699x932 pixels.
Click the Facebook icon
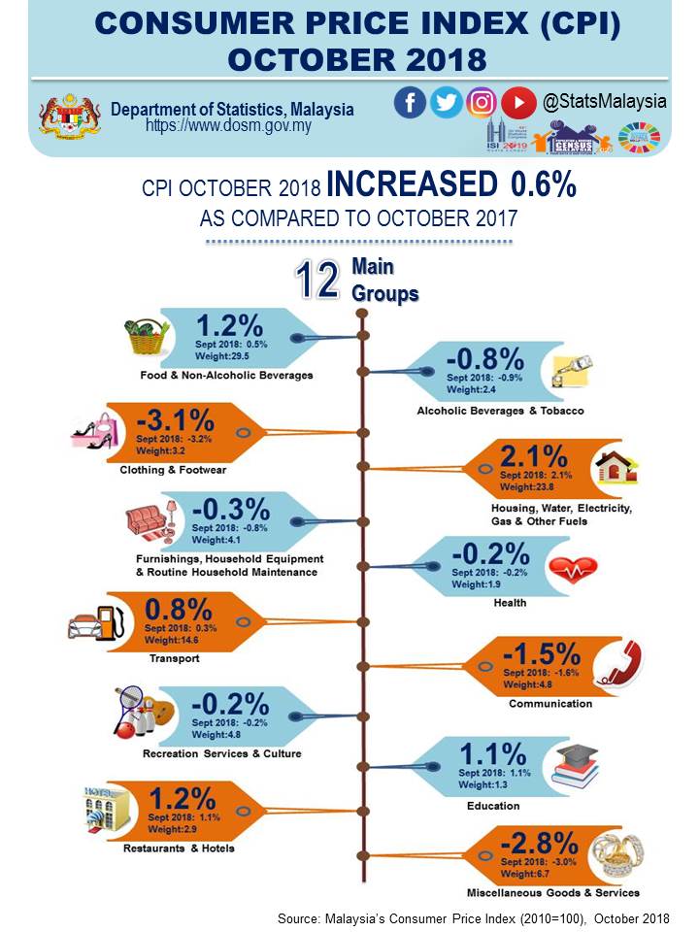tap(411, 102)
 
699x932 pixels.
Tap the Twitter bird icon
tap(446, 102)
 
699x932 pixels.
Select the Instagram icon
tap(482, 102)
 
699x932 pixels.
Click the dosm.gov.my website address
tap(228, 126)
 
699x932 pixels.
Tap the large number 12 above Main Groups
tap(317, 281)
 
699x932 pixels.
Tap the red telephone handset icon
tap(614, 665)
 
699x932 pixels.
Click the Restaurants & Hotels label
tap(179, 849)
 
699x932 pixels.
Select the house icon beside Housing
tap(618, 468)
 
